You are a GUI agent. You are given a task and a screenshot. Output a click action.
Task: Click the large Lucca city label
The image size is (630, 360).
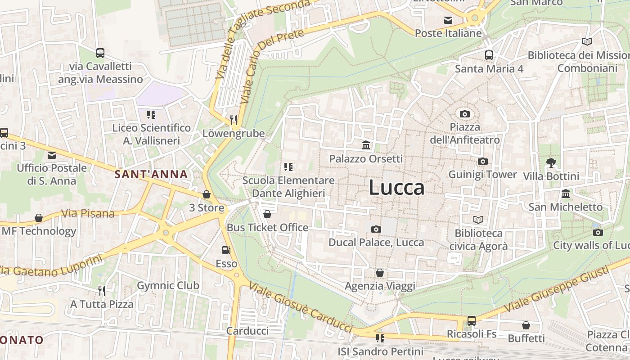pyautogui.click(x=396, y=188)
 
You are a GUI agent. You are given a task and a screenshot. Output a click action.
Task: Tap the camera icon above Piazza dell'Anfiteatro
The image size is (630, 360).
pyautogui.click(x=465, y=114)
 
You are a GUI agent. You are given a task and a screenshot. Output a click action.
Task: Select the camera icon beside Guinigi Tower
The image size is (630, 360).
pyautogui.click(x=482, y=161)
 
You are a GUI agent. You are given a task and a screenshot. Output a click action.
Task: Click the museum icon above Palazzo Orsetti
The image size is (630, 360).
pyautogui.click(x=366, y=145)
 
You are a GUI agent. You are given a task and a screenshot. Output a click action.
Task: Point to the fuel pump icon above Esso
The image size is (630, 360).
pyautogui.click(x=226, y=250)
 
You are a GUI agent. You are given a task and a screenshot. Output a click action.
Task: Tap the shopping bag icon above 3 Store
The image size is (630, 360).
pyautogui.click(x=207, y=194)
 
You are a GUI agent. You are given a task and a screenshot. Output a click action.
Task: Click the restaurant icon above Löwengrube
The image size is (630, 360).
pyautogui.click(x=233, y=119)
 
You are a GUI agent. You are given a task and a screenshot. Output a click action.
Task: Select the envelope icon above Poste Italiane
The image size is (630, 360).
pyautogui.click(x=448, y=20)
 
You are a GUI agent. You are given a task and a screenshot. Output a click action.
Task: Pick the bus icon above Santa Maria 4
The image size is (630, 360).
pyautogui.click(x=489, y=55)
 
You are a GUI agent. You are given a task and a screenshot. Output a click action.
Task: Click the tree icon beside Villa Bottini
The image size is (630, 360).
pyautogui.click(x=551, y=162)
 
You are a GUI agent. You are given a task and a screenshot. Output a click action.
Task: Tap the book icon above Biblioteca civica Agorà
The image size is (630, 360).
pyautogui.click(x=478, y=220)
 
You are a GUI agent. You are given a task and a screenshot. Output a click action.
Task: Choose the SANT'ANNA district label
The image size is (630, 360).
pyautogui.click(x=151, y=174)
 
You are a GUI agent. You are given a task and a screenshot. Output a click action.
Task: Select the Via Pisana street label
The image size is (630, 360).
pyautogui.click(x=88, y=213)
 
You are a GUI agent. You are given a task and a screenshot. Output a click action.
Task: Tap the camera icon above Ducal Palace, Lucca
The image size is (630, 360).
pyautogui.click(x=376, y=229)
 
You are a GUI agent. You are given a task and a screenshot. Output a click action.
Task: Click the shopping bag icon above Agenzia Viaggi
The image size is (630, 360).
pyautogui.click(x=380, y=273)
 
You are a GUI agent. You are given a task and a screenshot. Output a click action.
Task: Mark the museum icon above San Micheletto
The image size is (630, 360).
pyautogui.click(x=566, y=193)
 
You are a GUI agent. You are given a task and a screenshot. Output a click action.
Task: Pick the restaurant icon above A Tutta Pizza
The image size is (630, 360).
pyautogui.click(x=102, y=291)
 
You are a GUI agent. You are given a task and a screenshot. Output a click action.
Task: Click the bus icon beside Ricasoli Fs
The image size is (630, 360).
pyautogui.click(x=471, y=320)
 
